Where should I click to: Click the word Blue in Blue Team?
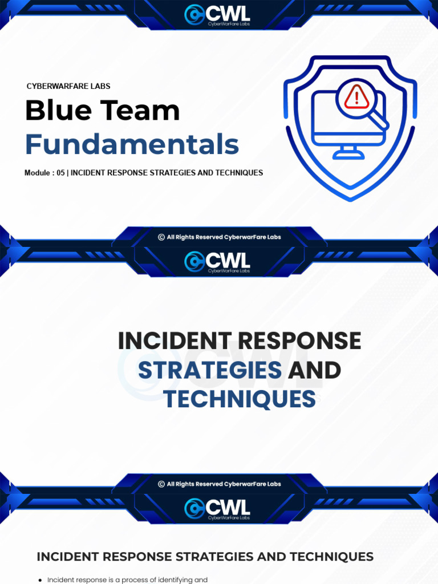58,111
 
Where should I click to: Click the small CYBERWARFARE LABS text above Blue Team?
68,86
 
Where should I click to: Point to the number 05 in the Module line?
60,173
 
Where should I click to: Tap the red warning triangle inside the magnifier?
357,98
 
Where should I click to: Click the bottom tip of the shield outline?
350,199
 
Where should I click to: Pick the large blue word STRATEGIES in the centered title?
210,370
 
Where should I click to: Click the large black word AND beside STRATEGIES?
314,370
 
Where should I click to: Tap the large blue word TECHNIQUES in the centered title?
239,400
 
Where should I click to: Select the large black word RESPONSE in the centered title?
299,341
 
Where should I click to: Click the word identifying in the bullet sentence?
175,580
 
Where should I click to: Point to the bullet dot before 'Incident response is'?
40,581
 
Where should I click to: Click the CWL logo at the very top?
218,13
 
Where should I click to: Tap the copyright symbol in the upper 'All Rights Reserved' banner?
161,237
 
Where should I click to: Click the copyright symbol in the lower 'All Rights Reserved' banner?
161,484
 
